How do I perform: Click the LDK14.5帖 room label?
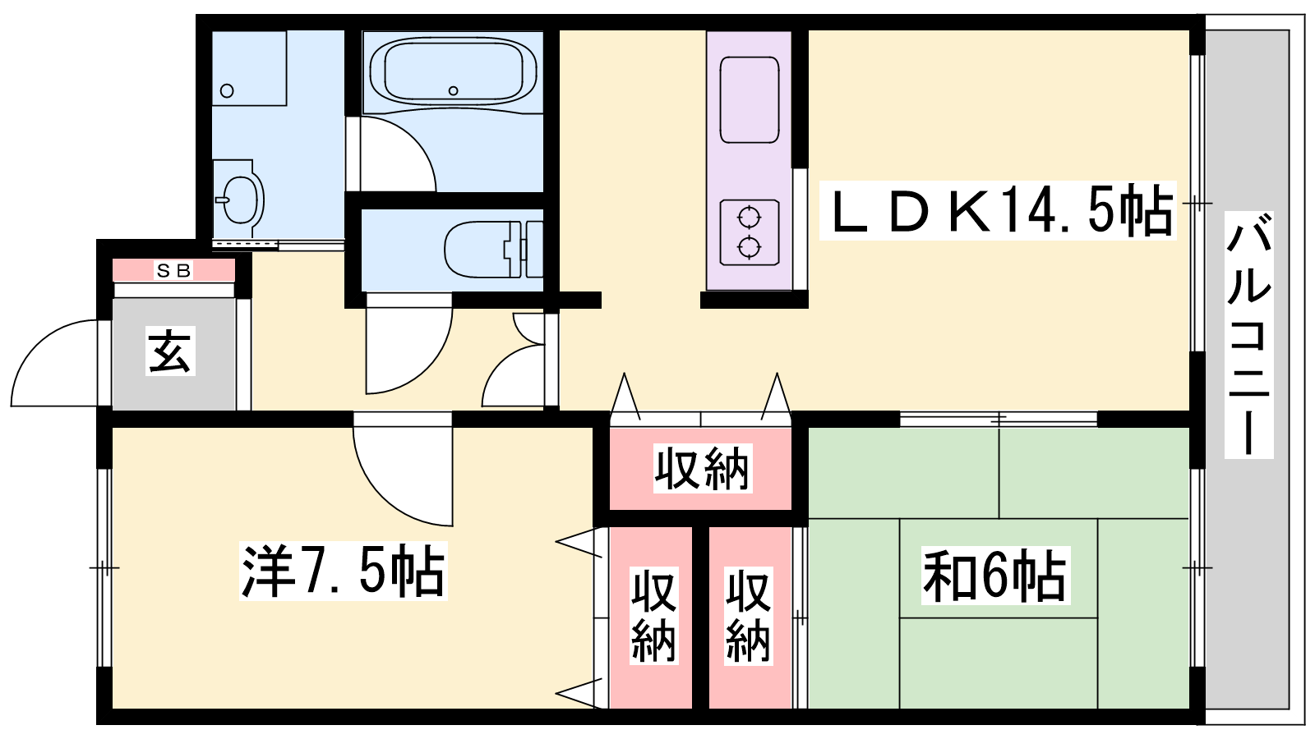998,210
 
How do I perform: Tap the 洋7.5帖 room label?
344,571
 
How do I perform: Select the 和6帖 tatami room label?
995,576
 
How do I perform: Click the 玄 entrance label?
170,351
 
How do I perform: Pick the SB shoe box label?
173,270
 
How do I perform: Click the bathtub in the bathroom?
453,71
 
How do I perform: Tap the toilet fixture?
493,250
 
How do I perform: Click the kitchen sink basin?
749,99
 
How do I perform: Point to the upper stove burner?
749,218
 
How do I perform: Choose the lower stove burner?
749,247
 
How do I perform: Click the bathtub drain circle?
453,90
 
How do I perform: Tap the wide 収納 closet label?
703,469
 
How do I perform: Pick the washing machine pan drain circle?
227,91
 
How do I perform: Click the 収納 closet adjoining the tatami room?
749,615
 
